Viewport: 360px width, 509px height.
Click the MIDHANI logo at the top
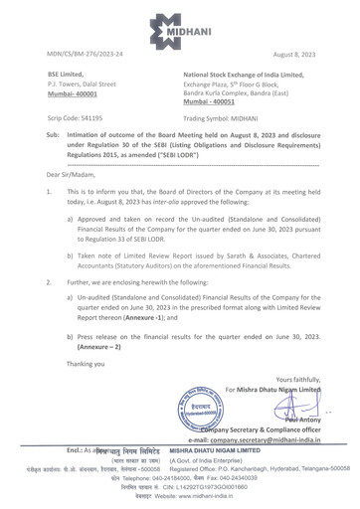tap(179, 24)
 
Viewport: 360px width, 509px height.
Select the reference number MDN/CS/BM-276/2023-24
tap(75, 58)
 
